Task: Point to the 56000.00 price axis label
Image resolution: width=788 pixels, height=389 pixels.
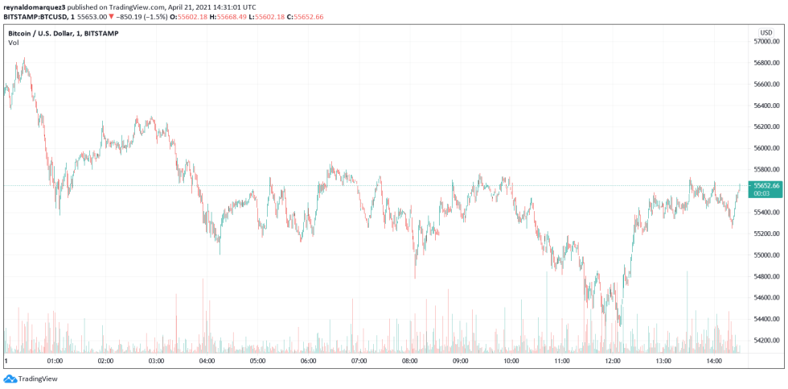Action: tap(765, 148)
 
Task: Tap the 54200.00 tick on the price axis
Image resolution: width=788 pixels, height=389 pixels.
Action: tap(765, 341)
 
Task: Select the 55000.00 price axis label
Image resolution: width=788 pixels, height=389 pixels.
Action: tap(765, 255)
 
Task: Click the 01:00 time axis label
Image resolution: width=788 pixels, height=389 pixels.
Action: tap(55, 362)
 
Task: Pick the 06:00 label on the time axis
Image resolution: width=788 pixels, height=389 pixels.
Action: tap(308, 362)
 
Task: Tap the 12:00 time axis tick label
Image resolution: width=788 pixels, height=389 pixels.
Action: tap(612, 362)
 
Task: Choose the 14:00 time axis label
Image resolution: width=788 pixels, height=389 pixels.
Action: tap(713, 362)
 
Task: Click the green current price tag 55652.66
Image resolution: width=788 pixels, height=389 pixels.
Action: tap(765, 185)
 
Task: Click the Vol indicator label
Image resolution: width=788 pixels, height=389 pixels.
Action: tap(13, 43)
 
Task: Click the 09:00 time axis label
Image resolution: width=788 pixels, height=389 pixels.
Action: tap(460, 362)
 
